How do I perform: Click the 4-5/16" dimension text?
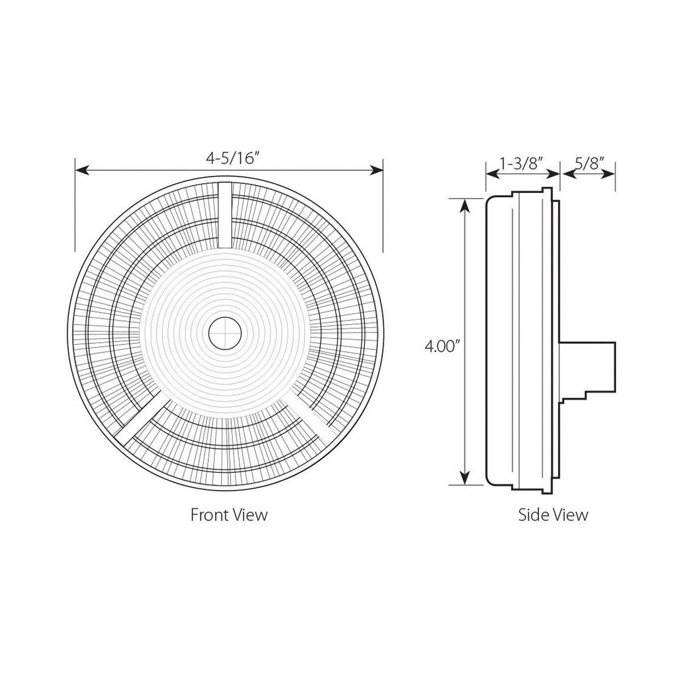point(229,159)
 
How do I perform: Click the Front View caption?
point(229,515)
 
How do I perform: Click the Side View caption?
point(553,515)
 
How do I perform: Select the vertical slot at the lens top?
point(225,215)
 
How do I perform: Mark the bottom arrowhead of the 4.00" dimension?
point(466,478)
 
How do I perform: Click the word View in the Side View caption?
point(571,515)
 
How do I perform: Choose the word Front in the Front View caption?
point(209,515)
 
